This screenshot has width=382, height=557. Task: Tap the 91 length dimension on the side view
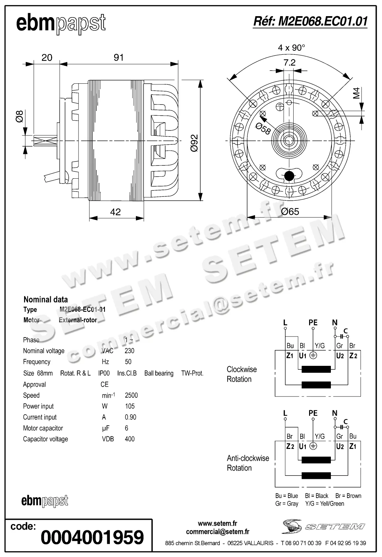coord(118,58)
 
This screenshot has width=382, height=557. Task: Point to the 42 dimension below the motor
coord(115,212)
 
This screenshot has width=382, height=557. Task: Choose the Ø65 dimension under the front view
coord(290,212)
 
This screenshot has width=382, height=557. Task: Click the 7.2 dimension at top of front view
coord(289,63)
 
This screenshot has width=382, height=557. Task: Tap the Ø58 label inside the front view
coord(263,129)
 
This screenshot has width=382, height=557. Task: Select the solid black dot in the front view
coord(289,176)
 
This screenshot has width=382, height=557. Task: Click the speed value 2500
coord(131,395)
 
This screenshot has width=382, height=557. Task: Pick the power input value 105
coord(130,406)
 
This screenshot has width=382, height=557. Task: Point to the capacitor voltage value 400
coord(130,439)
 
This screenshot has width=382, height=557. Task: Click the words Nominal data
coord(46,300)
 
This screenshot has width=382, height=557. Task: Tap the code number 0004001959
coord(92,537)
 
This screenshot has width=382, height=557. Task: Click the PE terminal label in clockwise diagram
coord(313,323)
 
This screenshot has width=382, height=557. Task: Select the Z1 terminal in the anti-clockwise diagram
coord(353,446)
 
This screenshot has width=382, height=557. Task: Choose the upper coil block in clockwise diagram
coord(316,369)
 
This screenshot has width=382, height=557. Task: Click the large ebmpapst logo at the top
coord(61,24)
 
